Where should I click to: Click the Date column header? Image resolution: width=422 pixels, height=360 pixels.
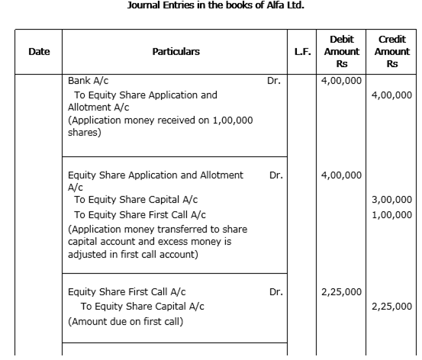coord(39,52)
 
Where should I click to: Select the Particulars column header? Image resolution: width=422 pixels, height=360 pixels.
coord(176,52)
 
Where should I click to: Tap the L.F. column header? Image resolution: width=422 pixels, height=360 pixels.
coord(302,52)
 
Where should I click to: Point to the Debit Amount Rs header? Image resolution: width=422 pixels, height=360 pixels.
coord(342,52)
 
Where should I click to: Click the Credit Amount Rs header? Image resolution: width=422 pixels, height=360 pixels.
coord(392,52)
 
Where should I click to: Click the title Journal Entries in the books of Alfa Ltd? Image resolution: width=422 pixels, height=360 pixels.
coord(215,5)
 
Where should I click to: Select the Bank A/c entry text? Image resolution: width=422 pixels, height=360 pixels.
coord(89,81)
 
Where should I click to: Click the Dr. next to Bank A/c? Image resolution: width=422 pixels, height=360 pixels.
coord(274,81)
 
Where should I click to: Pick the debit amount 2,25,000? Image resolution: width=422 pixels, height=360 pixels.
coord(342,292)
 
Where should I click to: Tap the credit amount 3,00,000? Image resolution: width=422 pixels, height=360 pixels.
coord(392,200)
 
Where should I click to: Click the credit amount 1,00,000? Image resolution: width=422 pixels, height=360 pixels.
coord(392,215)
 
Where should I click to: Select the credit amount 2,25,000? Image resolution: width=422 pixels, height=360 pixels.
coord(392,307)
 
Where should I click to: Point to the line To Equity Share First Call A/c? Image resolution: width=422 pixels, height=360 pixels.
coord(140,215)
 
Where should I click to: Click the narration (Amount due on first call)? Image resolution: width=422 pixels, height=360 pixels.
coord(126,322)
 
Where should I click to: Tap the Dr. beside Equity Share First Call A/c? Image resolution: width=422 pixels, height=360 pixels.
coord(276,292)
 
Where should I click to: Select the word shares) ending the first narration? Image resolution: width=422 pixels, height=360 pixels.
coord(85,133)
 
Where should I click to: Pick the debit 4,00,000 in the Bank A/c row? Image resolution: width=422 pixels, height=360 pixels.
coord(342,81)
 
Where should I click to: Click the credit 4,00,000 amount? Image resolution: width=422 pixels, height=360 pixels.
coord(392,95)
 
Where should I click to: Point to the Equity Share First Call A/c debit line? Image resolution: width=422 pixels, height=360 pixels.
coord(127,292)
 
